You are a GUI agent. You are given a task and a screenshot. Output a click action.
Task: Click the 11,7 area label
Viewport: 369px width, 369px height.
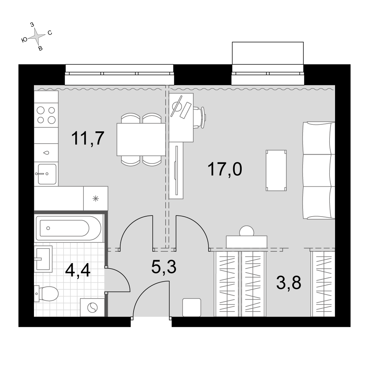(88, 138)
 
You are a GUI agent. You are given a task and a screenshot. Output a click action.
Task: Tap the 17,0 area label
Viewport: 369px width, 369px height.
(225, 169)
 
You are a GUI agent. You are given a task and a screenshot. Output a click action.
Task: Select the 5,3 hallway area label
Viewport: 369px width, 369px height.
(164, 267)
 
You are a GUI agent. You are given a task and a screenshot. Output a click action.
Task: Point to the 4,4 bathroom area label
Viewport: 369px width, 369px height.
(77, 270)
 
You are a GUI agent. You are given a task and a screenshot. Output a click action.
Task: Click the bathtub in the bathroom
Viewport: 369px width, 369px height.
(69, 228)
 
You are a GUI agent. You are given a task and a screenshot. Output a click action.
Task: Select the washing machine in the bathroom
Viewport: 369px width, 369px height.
(92, 307)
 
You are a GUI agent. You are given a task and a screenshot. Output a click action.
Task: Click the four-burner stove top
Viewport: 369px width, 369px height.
(46, 115)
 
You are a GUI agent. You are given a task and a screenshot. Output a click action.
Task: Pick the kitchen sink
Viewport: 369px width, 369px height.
(47, 174)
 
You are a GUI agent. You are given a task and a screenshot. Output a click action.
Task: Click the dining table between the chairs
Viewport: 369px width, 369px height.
(141, 139)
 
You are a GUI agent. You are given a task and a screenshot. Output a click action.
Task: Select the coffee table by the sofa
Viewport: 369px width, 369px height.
(276, 170)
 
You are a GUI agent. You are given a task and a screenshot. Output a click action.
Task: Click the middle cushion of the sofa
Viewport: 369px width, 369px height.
(319, 170)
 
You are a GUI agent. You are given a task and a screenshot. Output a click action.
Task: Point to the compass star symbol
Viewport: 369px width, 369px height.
(37, 36)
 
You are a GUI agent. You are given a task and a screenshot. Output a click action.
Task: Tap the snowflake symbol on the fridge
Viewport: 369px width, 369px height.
(96, 199)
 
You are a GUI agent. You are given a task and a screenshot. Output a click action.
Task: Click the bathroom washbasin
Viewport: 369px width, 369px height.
(43, 259)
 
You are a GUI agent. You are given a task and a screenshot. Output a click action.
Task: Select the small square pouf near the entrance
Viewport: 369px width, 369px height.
(192, 307)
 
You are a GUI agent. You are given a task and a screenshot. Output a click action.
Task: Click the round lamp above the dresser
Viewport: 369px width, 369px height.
(246, 231)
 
